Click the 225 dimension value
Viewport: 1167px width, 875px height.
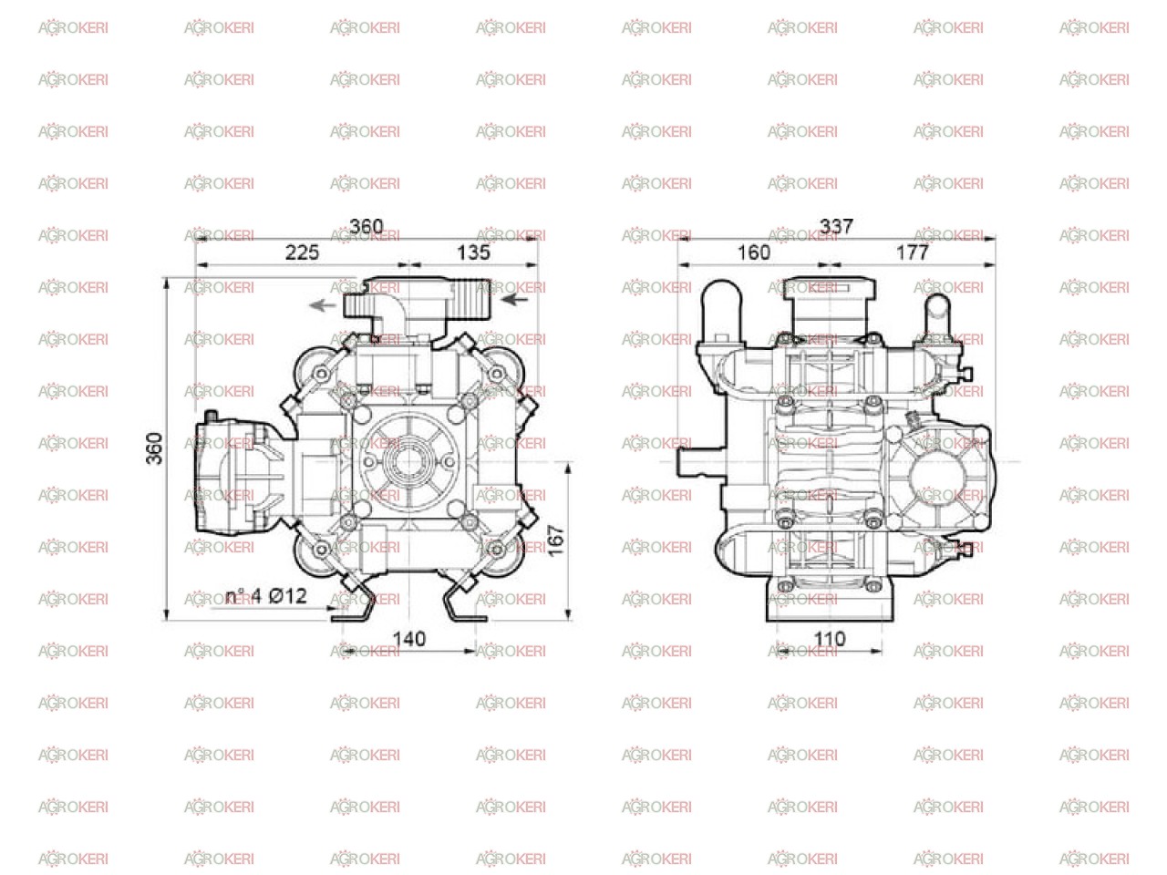(302, 252)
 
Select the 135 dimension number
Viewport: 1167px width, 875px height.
(473, 252)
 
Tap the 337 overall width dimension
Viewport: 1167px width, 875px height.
(836, 227)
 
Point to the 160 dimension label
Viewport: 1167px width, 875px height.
(753, 252)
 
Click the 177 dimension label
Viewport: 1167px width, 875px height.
(913, 252)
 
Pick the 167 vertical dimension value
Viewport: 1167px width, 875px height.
(555, 540)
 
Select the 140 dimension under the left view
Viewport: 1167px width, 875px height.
(408, 639)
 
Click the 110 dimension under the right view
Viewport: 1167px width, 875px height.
(830, 639)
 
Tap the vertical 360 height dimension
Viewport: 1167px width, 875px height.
(154, 448)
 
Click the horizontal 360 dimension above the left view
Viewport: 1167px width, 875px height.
(367, 227)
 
